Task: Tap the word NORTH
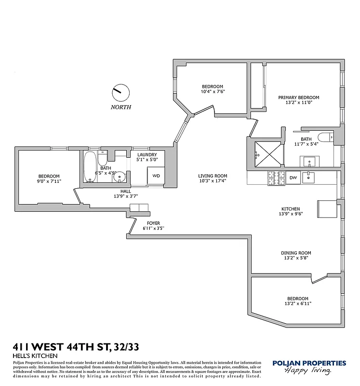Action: [x=120, y=107]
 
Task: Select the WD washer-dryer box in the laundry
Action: [x=156, y=176]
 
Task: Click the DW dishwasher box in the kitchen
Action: [x=293, y=178]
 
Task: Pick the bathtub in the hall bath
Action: [x=90, y=167]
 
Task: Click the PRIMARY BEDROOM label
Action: [x=298, y=97]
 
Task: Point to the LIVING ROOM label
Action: [x=213, y=176]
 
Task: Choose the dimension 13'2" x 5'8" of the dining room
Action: [x=296, y=258]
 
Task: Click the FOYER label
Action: [x=154, y=222]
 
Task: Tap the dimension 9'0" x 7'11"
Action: [x=49, y=181]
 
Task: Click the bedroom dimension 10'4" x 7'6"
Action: [x=213, y=91]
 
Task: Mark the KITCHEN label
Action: [x=291, y=208]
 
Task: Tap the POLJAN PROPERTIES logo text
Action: [x=309, y=363]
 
